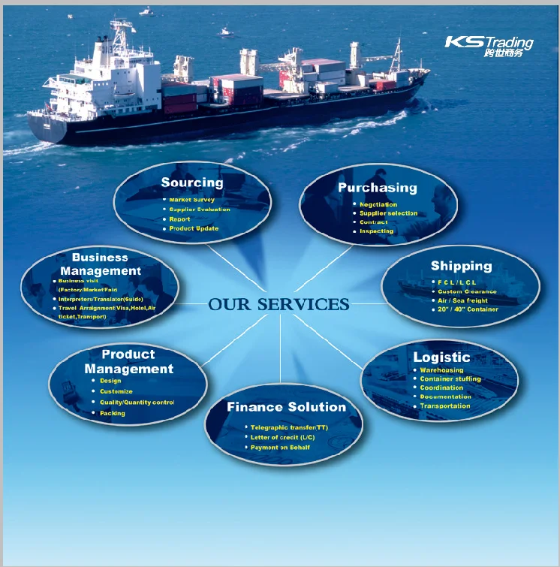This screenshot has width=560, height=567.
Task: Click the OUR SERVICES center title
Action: (x=278, y=304)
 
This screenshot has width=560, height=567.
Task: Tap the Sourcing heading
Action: (x=191, y=182)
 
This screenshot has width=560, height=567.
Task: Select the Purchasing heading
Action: (x=377, y=188)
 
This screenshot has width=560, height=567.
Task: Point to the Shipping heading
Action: (x=461, y=266)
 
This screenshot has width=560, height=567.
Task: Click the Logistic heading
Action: (x=441, y=357)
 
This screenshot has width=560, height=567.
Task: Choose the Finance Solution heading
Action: (x=286, y=407)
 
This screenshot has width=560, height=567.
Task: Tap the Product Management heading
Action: (x=128, y=361)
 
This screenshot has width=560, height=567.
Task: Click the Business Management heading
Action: (x=101, y=264)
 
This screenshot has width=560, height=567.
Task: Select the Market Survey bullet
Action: (x=191, y=200)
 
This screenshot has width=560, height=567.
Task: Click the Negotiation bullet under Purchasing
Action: (x=378, y=204)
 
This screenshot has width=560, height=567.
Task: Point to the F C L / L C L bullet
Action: (x=457, y=282)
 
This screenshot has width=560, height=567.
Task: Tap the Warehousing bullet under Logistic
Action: (x=441, y=370)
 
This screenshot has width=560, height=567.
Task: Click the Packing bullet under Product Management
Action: (x=113, y=413)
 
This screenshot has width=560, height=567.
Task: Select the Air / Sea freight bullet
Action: (x=462, y=300)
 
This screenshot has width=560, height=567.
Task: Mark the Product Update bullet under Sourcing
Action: (x=194, y=228)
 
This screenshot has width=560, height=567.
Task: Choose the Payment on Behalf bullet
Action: (x=280, y=448)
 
